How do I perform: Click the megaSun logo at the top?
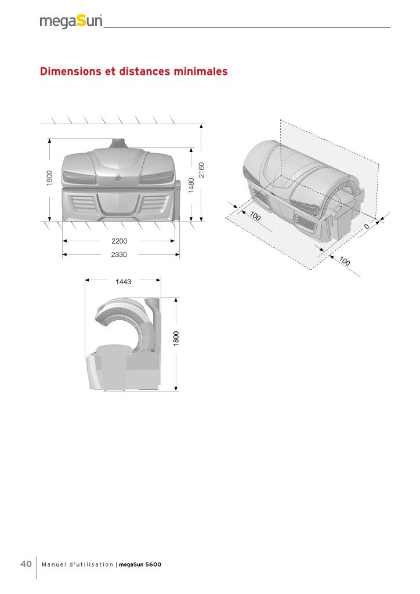click(71, 21)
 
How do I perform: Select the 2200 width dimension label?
click(120, 241)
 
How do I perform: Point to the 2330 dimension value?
click(119, 255)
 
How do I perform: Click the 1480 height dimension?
click(191, 185)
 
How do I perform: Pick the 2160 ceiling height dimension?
click(201, 170)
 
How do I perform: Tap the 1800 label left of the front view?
click(50, 178)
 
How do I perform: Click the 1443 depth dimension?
click(123, 282)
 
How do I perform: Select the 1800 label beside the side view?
click(176, 338)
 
